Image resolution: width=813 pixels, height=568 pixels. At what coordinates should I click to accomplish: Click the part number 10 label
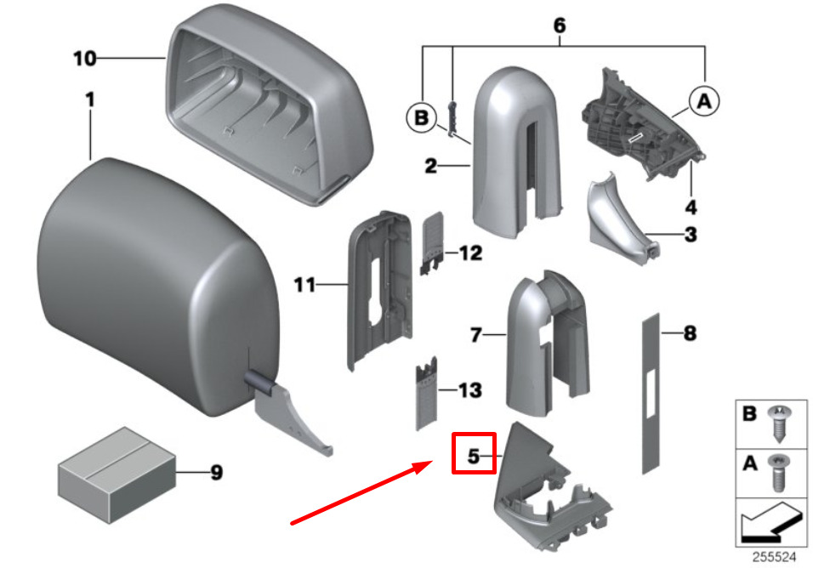pyautogui.click(x=84, y=59)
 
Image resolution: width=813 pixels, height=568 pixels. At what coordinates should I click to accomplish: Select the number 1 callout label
pyautogui.click(x=89, y=100)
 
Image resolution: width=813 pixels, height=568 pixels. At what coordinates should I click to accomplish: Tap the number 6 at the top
pyautogui.click(x=559, y=26)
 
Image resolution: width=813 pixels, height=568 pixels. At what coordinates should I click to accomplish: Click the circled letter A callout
pyautogui.click(x=704, y=102)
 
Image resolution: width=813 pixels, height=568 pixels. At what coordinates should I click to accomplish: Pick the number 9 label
pyautogui.click(x=216, y=473)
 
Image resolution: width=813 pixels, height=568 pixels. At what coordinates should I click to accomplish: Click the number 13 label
pyautogui.click(x=469, y=390)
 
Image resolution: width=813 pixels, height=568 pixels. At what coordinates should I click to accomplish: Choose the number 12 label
pyautogui.click(x=469, y=253)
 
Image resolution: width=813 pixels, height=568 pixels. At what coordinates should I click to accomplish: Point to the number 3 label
pyautogui.click(x=690, y=235)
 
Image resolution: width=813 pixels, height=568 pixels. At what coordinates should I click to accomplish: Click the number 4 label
pyautogui.click(x=691, y=207)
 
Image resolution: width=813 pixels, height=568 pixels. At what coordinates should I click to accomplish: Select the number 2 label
pyautogui.click(x=432, y=166)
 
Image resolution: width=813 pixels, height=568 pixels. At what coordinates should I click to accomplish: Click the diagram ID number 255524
pyautogui.click(x=773, y=558)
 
